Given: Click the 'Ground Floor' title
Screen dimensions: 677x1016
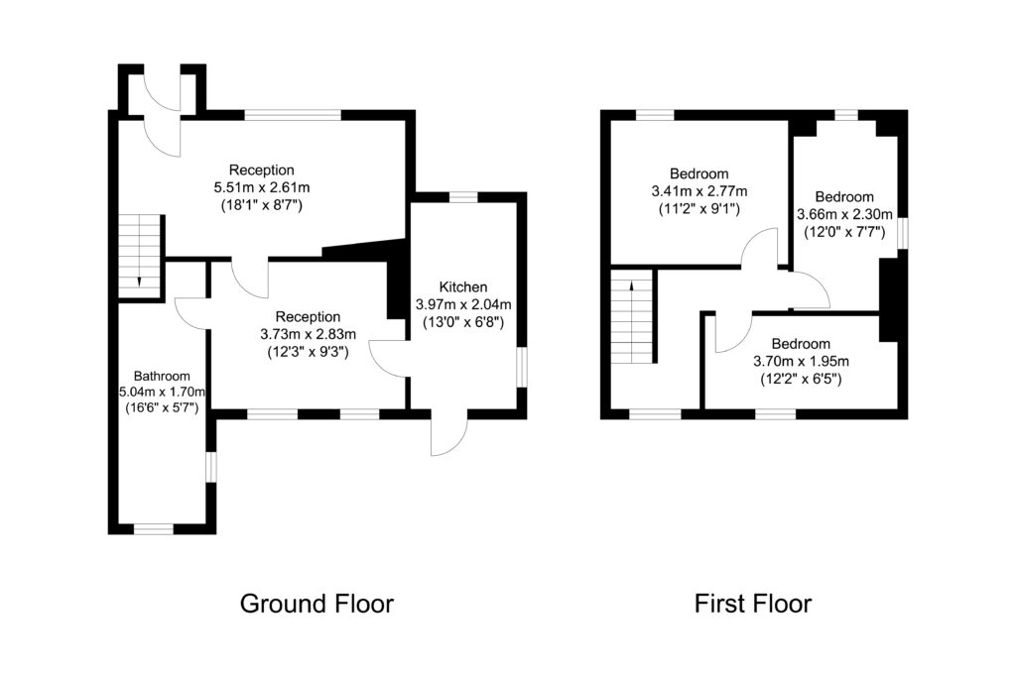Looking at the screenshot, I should click(x=317, y=603).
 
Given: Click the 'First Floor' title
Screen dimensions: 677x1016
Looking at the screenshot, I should click(x=752, y=603).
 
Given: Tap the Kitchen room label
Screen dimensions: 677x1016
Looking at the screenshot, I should click(x=464, y=287).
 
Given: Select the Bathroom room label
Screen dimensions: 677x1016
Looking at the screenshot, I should click(x=162, y=377).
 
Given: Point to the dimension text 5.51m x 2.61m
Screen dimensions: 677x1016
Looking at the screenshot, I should click(x=262, y=187).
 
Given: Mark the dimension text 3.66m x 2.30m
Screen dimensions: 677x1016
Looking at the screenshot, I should click(x=845, y=214).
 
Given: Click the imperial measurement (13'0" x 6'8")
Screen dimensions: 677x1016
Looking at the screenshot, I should click(x=464, y=322).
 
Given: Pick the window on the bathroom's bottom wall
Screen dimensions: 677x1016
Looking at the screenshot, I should click(x=154, y=528).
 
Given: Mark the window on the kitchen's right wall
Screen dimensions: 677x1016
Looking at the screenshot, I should click(x=520, y=364).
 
